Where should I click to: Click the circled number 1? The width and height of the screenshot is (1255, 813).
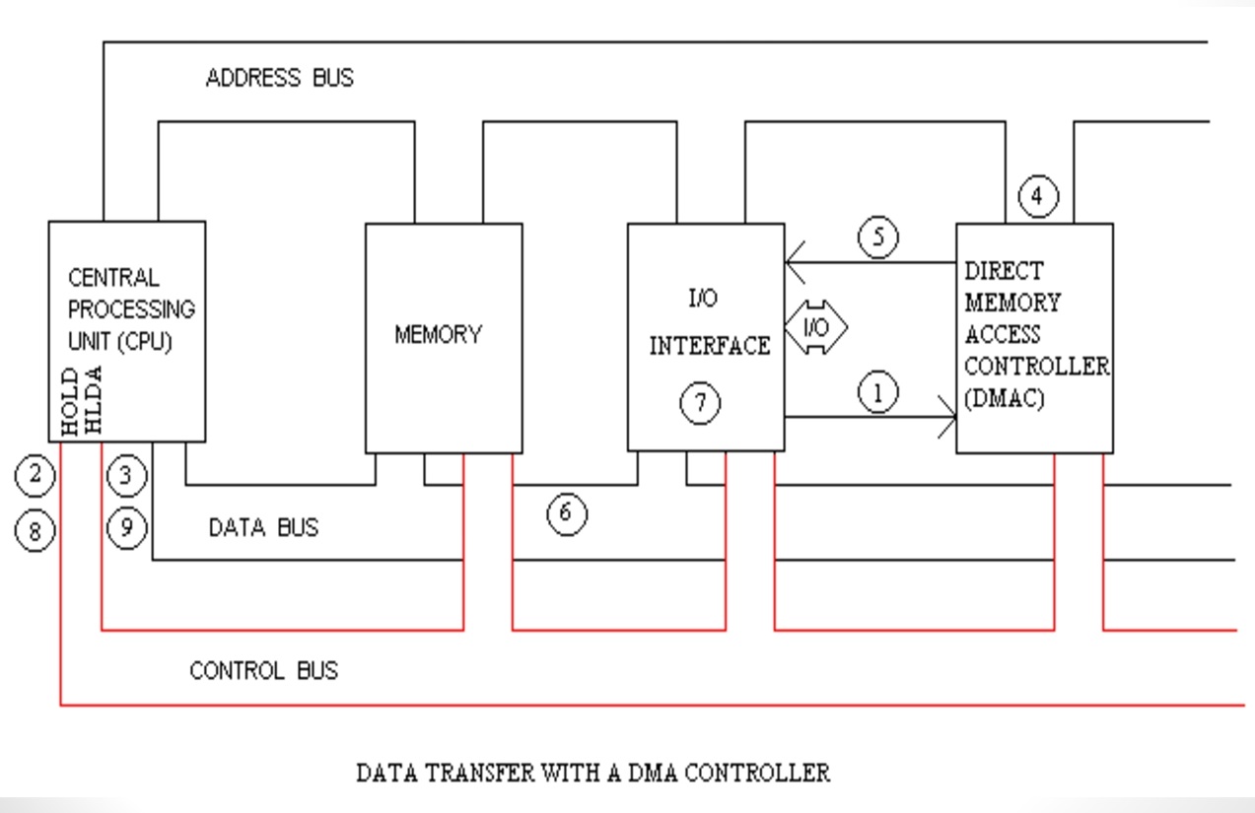point(877,393)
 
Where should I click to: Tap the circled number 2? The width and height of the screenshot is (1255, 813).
point(35,476)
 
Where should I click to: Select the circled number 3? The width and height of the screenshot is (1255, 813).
point(126,476)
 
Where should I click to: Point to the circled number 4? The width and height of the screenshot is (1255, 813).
point(1037,196)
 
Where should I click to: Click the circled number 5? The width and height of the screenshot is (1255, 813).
point(877,238)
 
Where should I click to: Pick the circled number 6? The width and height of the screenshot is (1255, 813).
point(567,513)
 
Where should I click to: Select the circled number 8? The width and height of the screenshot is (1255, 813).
point(35,532)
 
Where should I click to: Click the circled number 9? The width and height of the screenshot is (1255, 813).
point(126,527)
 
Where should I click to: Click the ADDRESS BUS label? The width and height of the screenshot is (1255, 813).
point(279,78)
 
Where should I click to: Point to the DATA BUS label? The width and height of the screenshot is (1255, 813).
point(263,528)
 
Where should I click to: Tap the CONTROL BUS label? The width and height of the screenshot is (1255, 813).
point(263,671)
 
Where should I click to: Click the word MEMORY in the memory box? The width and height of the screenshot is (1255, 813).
point(438,335)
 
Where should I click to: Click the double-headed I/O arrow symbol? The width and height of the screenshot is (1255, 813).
point(815,328)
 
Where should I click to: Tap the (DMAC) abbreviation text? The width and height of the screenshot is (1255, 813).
point(1004,400)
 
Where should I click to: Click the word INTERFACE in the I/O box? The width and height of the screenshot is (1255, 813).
point(709,346)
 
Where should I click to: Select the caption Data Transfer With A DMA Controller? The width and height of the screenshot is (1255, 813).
point(593,773)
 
